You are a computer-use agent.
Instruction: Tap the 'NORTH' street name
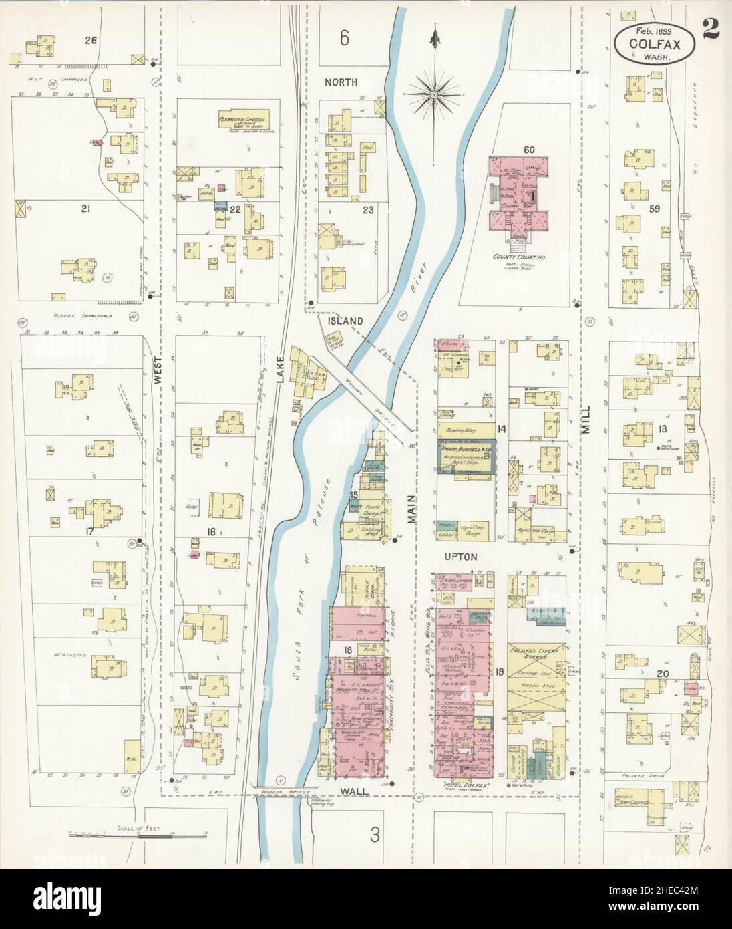click(x=341, y=82)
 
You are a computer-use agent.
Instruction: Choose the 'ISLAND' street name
click(x=344, y=321)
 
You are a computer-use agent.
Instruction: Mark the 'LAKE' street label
click(x=281, y=386)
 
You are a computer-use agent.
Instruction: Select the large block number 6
click(x=343, y=39)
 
